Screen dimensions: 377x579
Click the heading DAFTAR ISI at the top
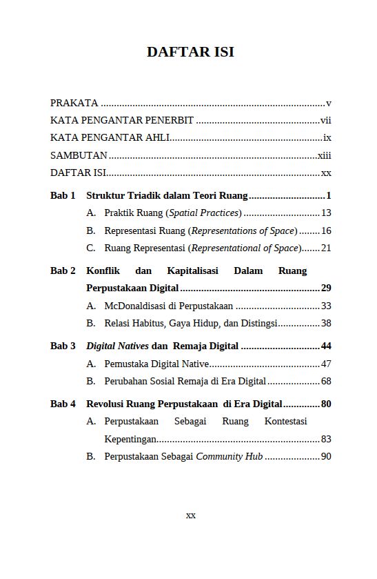tap(190, 52)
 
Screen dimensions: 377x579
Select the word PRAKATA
tap(74, 104)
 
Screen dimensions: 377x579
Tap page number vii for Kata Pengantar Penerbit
tap(326, 120)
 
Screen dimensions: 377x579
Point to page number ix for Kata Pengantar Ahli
tap(327, 138)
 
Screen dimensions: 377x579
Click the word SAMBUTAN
tap(79, 156)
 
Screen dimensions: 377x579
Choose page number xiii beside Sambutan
tap(324, 156)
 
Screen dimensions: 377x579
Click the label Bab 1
tap(63, 195)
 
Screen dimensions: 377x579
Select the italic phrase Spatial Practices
tap(205, 213)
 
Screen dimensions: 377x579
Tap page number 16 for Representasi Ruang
tap(326, 231)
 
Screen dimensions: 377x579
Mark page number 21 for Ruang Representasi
tap(326, 248)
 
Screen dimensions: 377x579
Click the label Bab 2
tap(63, 271)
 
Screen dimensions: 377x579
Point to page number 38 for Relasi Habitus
tap(326, 323)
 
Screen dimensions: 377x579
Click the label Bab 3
tap(63, 346)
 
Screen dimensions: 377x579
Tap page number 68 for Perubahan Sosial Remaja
tap(326, 381)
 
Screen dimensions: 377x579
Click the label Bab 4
tap(63, 404)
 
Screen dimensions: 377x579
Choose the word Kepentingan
tap(130, 439)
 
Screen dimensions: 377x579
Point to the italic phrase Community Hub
tap(230, 456)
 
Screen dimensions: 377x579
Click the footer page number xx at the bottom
tap(191, 516)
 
